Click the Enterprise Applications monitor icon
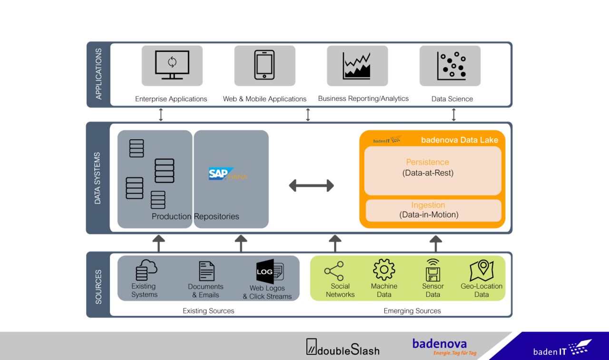coord(172,65)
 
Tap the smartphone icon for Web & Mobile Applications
coord(265,65)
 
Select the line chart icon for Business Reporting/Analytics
coord(357,66)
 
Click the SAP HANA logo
coord(228,174)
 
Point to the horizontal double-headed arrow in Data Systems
coord(311,185)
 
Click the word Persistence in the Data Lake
coord(427,162)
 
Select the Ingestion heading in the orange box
coord(428,205)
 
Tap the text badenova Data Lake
coord(459,140)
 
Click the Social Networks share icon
coord(334,271)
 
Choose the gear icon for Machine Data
coord(384,270)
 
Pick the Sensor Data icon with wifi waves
coord(432,270)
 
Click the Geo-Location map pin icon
coord(481,271)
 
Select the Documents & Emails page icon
coord(206,271)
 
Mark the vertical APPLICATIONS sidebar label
coord(98,74)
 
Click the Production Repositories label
coord(195,216)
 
